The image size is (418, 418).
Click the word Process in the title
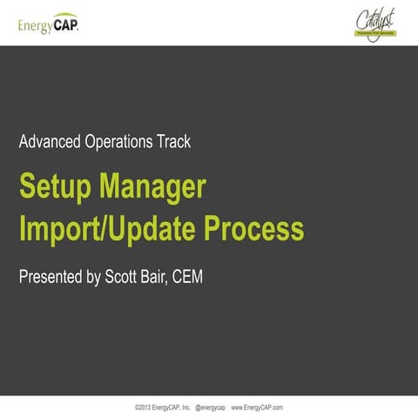point(254,229)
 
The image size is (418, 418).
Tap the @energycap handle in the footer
point(210,407)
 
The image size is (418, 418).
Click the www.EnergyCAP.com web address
point(257,407)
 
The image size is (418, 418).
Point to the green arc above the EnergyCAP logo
point(65,15)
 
